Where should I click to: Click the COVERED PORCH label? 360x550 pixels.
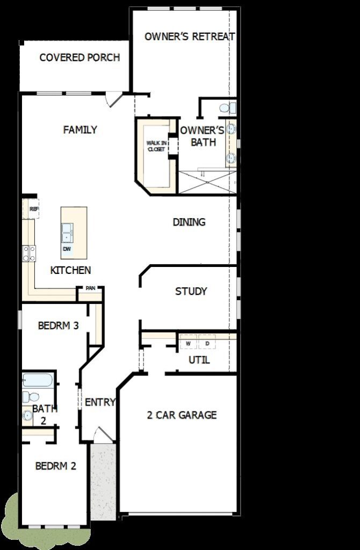(80, 57)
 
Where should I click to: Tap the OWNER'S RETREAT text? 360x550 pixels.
(190, 37)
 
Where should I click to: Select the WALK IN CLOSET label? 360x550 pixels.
(156, 146)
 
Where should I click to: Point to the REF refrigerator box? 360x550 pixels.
(31, 209)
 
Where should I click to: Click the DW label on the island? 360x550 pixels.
(67, 249)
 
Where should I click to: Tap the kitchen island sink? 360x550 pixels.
(67, 233)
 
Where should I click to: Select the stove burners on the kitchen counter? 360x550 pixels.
(29, 254)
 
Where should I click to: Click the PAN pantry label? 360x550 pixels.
(90, 288)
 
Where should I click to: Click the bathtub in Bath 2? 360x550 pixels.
(38, 380)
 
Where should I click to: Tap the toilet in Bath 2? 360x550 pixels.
(31, 397)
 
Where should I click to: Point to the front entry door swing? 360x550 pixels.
(104, 435)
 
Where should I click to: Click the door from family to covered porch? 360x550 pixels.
(114, 99)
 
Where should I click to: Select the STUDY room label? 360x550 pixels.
(191, 291)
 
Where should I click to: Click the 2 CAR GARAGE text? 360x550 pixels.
(182, 415)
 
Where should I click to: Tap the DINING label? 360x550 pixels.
(189, 222)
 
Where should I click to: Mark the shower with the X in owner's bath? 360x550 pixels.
(207, 182)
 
